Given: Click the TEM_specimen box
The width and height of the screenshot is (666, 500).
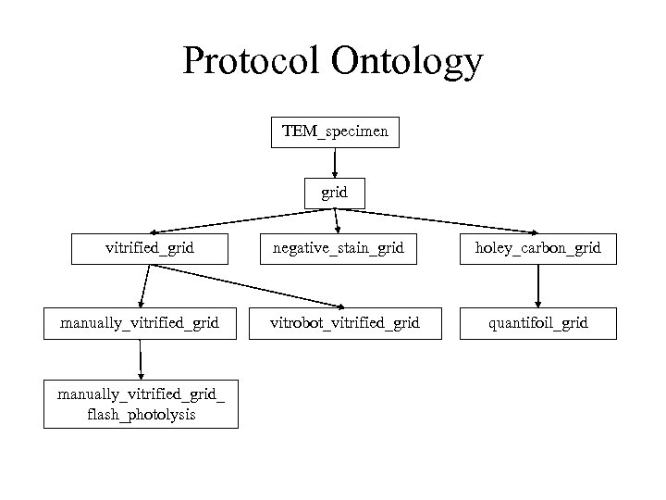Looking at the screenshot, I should click(335, 132).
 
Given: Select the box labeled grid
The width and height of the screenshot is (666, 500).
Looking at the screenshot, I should click(335, 194).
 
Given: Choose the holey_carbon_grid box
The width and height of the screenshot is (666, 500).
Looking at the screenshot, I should click(537, 248).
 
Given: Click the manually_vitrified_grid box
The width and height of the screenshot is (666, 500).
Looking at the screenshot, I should click(140, 323).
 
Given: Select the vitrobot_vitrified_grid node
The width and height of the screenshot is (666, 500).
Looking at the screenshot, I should click(344, 323).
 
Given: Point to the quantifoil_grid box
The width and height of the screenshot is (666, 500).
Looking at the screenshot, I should click(537, 323).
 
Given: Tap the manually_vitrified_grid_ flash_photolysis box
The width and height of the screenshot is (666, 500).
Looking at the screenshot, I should click(140, 405).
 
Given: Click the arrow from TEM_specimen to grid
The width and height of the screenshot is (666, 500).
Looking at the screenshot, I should click(335, 162).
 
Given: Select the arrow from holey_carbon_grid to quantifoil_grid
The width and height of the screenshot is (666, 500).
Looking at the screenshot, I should click(537, 285).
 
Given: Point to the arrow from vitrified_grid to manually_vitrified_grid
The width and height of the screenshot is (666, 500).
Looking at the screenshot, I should click(143, 285).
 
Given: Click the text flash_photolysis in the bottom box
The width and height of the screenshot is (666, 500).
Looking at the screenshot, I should click(141, 415).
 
